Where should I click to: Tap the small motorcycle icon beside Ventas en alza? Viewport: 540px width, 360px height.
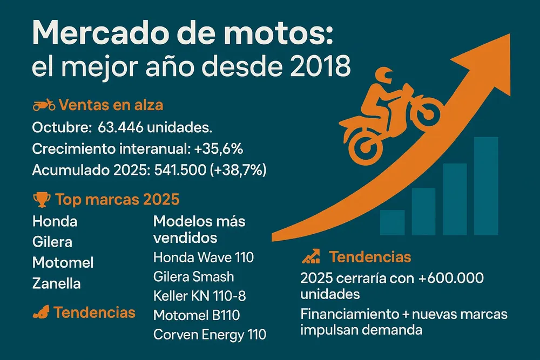(x=43, y=105)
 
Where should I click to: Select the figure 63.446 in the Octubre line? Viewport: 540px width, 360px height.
(x=122, y=128)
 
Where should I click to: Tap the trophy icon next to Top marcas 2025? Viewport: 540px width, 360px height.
(x=41, y=200)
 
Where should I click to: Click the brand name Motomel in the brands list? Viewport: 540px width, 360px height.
(x=63, y=262)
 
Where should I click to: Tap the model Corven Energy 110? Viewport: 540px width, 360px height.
(x=210, y=334)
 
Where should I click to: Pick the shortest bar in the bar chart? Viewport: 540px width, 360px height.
(x=392, y=222)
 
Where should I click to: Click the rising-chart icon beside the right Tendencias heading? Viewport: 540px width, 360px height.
(x=310, y=256)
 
